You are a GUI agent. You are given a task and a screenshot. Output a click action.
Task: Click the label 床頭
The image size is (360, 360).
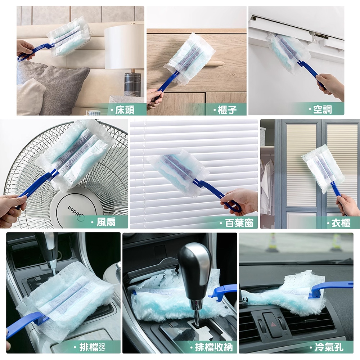pos(125,110)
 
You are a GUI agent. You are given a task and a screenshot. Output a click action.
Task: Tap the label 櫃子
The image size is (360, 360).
pos(227,110)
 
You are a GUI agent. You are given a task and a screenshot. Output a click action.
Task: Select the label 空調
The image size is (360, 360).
pos(323,110)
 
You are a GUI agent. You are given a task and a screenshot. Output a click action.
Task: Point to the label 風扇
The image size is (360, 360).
pos(106,222)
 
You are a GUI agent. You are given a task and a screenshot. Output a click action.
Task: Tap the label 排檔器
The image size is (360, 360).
pos(92,347)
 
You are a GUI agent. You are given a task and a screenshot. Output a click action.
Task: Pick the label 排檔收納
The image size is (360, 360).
pos(214,347)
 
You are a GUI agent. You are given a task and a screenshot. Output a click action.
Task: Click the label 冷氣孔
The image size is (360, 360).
pos(329,347)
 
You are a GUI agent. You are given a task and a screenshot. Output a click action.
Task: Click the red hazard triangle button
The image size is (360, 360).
pos(274,324)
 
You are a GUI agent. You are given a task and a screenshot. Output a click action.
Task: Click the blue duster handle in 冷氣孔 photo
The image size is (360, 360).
pos(330,290)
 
